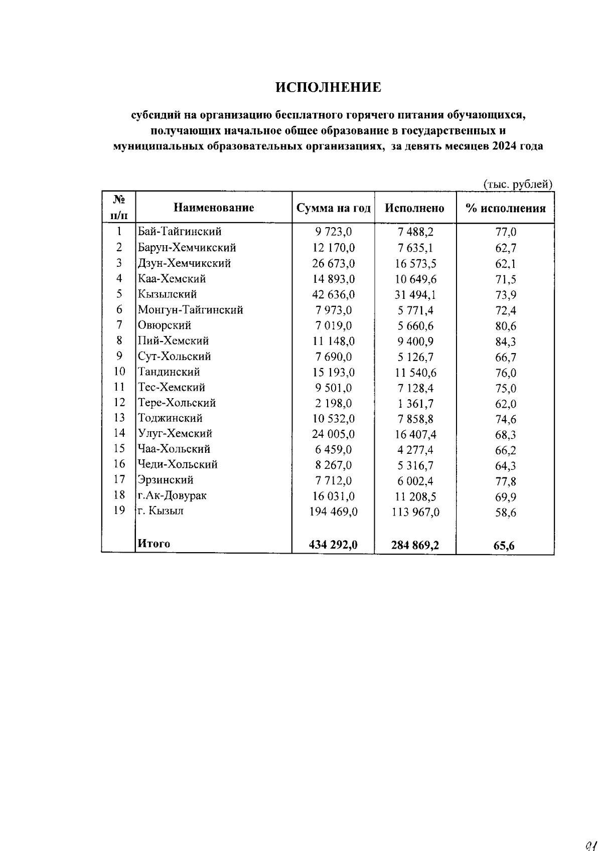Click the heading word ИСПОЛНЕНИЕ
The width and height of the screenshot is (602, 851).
329,88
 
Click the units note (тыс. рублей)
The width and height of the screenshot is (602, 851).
518,185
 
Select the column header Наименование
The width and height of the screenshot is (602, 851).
214,208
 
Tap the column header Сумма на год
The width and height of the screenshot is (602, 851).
334,208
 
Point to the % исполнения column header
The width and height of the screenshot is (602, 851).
505,209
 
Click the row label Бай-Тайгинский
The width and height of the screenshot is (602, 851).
180,232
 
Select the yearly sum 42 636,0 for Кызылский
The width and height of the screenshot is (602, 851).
333,294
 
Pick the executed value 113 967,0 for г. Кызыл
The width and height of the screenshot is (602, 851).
415,513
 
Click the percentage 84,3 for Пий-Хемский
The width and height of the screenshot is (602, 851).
505,342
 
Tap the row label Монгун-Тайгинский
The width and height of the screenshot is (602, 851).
191,310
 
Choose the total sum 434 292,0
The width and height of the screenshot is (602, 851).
333,545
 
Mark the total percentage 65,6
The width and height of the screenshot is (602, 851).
504,546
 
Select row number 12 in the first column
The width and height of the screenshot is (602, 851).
119,402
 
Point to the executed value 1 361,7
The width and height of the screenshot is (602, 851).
416,404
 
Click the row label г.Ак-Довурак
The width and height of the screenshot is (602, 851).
172,496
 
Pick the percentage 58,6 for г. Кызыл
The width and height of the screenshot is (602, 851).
505,513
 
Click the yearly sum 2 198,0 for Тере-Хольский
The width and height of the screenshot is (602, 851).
333,403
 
